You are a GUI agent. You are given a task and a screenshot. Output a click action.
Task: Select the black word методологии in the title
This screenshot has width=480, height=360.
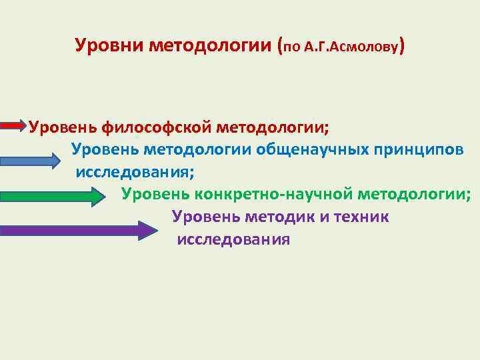coord(210,47)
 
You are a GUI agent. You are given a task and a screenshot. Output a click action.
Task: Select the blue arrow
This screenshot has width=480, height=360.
coord(31,161)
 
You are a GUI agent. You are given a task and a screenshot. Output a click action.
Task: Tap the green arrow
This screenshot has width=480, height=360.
coord(53,196)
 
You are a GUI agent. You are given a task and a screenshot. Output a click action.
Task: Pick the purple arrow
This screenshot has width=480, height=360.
coord(78,231)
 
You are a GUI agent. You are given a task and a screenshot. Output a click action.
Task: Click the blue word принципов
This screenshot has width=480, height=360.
coord(417,149)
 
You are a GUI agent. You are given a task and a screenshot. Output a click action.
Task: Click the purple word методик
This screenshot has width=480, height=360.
coord(277,217)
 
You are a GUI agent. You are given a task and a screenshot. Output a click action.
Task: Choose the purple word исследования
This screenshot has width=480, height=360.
coord(233,239)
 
